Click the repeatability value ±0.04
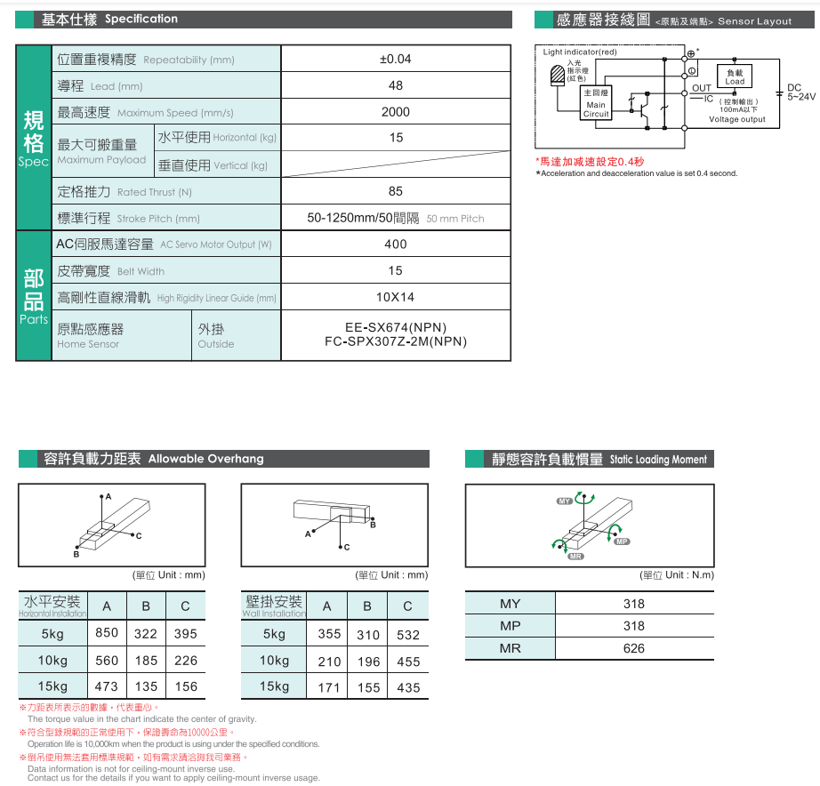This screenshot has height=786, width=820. [x=396, y=60]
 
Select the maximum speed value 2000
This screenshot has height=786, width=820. [x=396, y=112]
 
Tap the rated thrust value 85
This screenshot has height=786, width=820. [x=396, y=191]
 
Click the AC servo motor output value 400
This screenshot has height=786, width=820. [x=396, y=245]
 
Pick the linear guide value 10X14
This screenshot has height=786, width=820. [x=396, y=297]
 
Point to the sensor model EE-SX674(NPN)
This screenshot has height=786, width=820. [x=396, y=327]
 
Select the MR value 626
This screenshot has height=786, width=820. [x=634, y=648]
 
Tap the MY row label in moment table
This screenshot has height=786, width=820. [x=510, y=604]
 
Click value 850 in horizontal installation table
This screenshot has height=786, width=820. [x=107, y=633]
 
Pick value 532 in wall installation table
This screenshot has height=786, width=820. [x=408, y=635]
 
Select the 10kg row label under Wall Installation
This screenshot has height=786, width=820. [x=275, y=661]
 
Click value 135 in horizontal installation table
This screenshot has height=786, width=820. [x=146, y=686]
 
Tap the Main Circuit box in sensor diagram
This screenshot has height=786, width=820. [x=596, y=104]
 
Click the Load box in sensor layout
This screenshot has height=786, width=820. [x=735, y=77]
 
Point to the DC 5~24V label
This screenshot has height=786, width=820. [x=794, y=92]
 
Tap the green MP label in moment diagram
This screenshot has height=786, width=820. [x=621, y=541]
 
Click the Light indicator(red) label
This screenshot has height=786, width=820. [x=579, y=52]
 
